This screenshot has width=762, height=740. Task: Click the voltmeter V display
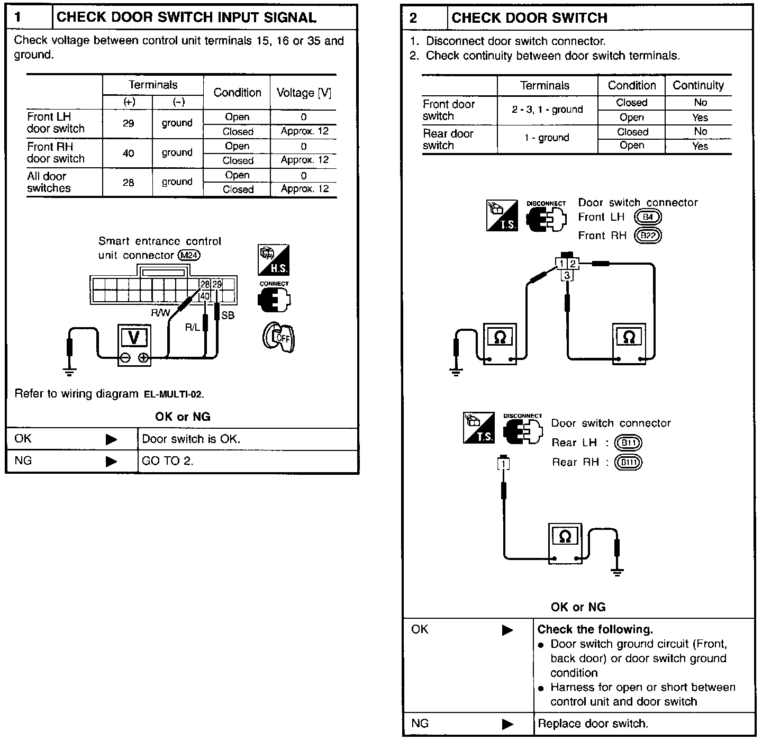click(134, 337)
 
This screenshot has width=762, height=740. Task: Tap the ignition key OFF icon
click(278, 337)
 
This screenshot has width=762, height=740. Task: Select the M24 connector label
click(189, 255)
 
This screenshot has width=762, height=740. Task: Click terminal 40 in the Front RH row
click(128, 153)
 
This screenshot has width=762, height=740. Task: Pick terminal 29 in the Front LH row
click(128, 123)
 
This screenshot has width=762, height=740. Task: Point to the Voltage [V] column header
click(304, 93)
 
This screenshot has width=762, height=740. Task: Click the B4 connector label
click(648, 217)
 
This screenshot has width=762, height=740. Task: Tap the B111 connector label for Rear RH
click(629, 463)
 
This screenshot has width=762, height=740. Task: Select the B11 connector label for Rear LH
click(629, 443)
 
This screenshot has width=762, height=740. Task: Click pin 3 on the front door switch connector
click(567, 275)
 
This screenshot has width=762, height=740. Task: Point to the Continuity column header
click(698, 85)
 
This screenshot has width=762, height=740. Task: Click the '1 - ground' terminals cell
click(547, 138)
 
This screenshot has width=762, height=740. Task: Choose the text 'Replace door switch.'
click(593, 724)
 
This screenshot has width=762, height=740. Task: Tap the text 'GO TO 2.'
click(168, 461)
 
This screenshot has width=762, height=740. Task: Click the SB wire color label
click(228, 315)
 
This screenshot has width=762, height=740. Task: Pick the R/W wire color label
click(160, 313)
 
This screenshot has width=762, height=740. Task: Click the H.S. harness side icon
click(274, 260)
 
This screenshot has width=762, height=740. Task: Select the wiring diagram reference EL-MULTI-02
click(173, 394)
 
